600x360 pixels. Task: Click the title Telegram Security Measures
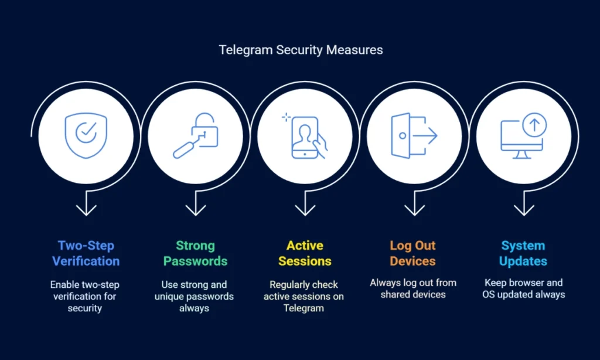[x=301, y=50]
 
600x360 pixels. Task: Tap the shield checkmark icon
[x=86, y=136]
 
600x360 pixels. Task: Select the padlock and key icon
[x=195, y=136]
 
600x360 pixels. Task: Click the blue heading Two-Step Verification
[x=86, y=253]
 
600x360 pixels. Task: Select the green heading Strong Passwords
[x=195, y=253]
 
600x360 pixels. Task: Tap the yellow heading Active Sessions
[x=305, y=253]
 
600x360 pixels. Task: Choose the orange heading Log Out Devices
[x=413, y=253]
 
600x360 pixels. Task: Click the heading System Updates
[x=523, y=253]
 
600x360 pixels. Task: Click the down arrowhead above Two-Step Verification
[x=86, y=209]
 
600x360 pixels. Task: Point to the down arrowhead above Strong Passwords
[x=195, y=209]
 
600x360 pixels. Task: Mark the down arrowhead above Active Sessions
[x=305, y=209]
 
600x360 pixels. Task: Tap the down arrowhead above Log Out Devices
[x=414, y=209]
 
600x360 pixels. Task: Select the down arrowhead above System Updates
[x=523, y=209]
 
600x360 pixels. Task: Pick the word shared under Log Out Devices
[x=395, y=294]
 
